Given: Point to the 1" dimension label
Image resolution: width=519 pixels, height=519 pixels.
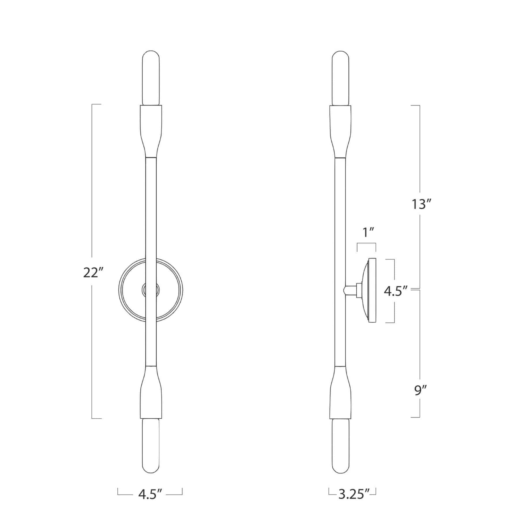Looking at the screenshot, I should (x=366, y=232).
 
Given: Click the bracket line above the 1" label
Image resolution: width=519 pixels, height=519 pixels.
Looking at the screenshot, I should (x=366, y=244).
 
